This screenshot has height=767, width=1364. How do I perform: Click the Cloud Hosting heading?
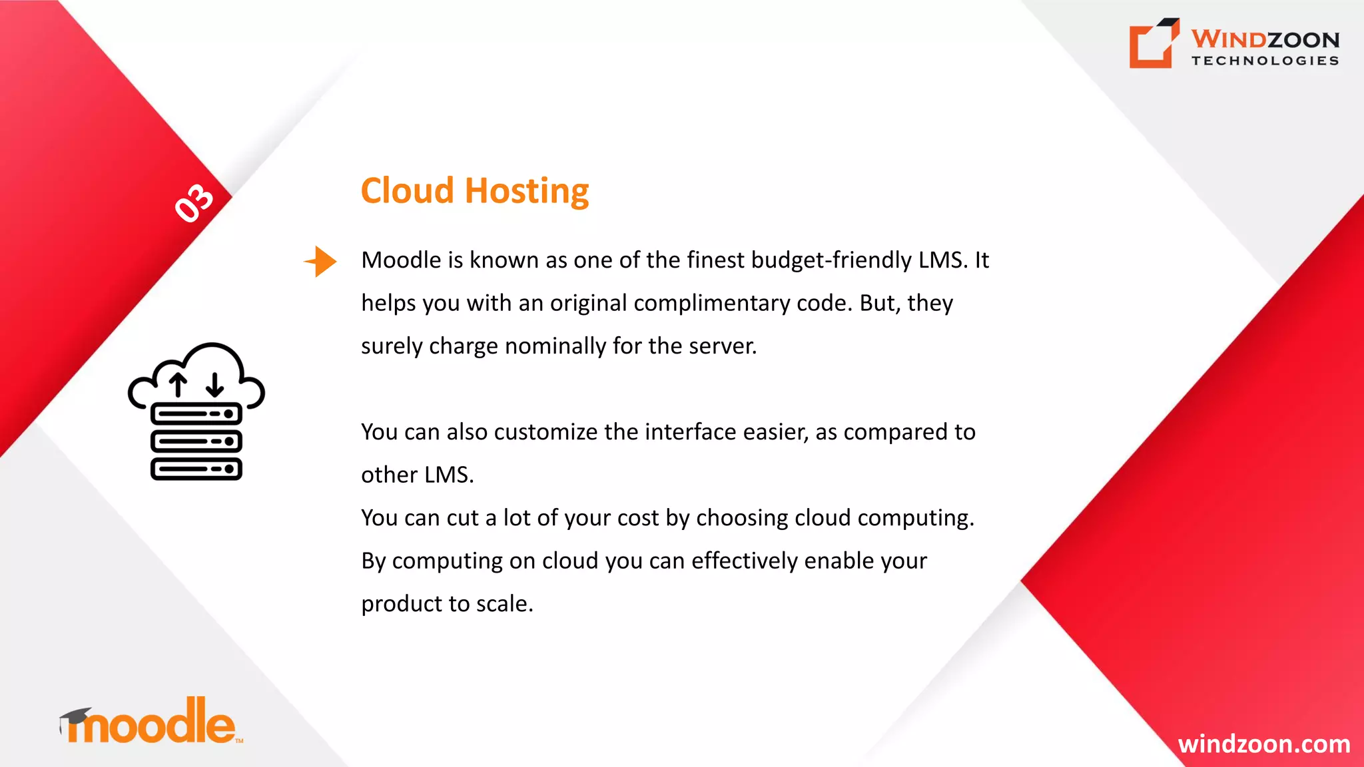coord(475,191)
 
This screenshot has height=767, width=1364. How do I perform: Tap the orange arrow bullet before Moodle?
coord(321,261)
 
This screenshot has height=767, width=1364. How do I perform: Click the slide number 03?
coord(194,202)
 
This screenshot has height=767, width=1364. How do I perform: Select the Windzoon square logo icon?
coord(1154,43)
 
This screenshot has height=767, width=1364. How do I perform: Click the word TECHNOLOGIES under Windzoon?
coord(1265,61)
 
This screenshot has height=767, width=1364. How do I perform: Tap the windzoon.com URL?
coord(1263,744)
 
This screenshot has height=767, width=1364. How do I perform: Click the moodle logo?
coord(152,722)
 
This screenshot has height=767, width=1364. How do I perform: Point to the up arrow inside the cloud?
coord(178,385)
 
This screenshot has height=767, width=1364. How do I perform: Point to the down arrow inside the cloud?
coord(214,385)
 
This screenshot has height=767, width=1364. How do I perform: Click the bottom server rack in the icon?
coord(196,469)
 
